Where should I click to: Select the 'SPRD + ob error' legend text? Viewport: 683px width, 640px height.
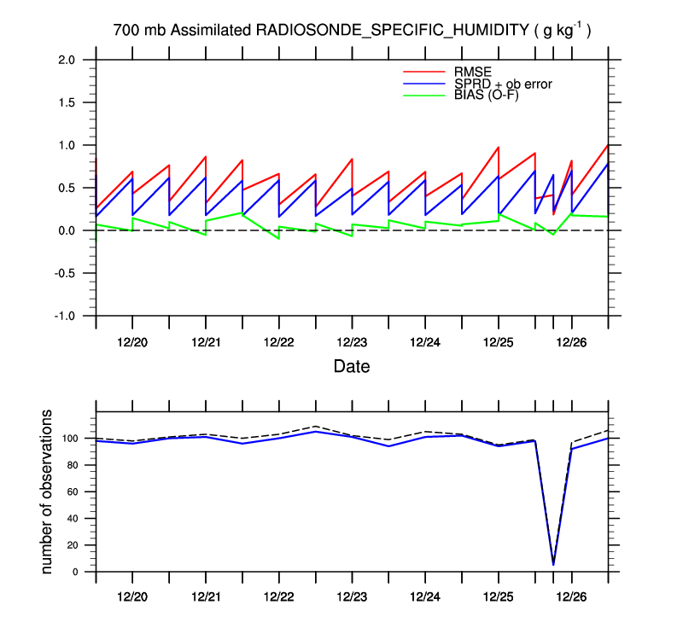coord(503,84)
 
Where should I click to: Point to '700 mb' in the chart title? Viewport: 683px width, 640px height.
coord(140,31)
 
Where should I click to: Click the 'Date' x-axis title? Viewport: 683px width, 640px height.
coord(351,366)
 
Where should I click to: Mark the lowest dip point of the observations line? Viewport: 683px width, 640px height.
coord(553,564)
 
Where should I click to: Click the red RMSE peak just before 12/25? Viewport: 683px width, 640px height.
coord(498,147)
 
